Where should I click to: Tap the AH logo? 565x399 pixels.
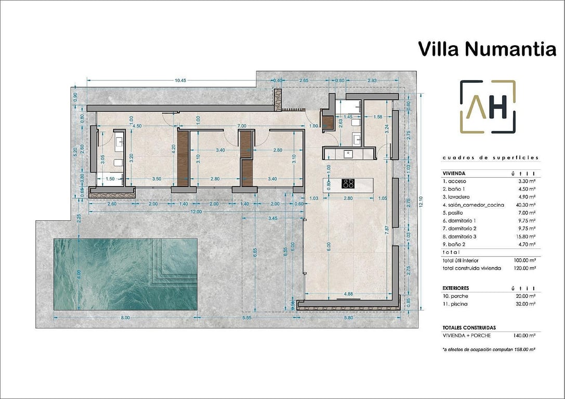coord(488,107)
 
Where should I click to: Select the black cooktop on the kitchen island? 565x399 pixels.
coord(348,183)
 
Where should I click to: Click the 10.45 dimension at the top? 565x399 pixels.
coord(180,80)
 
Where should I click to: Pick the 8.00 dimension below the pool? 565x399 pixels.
coord(125,317)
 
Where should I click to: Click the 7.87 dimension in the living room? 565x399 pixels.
coord(386,230)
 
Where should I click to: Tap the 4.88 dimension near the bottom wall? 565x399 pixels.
coord(348,294)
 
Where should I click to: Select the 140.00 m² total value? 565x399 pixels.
coord(525,336)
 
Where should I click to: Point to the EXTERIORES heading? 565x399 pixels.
coord(456,288)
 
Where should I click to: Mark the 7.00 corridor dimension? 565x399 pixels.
coord(242,126)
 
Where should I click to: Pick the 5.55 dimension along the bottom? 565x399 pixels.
coord(246,317)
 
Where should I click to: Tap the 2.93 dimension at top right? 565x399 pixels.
coord(372,80)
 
